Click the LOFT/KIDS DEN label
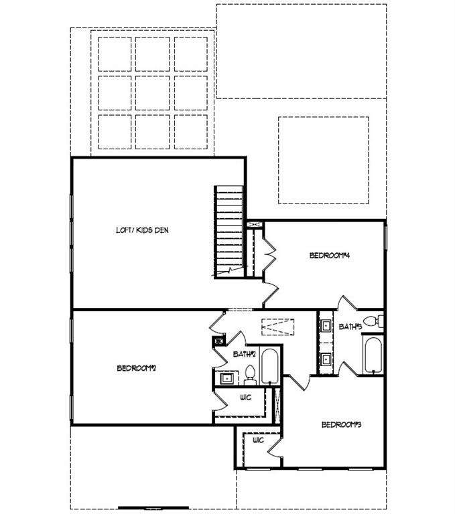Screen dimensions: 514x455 pos(142,230)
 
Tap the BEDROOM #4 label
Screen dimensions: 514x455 pos(330,255)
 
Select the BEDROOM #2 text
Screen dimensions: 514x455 pos(137,367)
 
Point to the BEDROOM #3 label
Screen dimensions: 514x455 pos(342,424)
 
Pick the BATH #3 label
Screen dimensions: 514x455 pos(350,327)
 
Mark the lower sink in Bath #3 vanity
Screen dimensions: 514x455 pos(326,358)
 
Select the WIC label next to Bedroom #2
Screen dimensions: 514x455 pos(245,398)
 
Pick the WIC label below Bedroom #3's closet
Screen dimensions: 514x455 pos(258,440)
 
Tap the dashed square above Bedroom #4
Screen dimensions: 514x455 pos(324,160)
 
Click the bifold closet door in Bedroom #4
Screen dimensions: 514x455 pos(271,255)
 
